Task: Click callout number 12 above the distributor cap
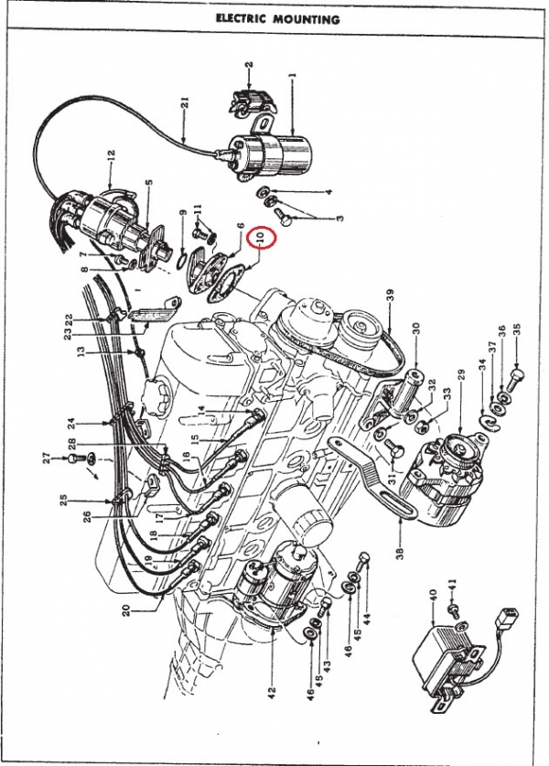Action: pyautogui.click(x=111, y=156)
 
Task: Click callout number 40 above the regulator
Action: pyautogui.click(x=433, y=598)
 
